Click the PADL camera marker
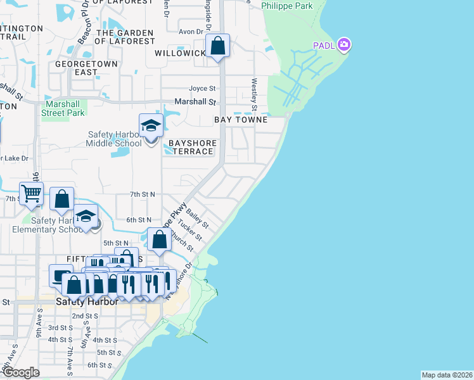[344, 44]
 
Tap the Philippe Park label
[287, 6]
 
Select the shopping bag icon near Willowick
[217, 46]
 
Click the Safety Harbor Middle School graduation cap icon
[150, 126]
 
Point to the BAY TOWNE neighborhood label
[241, 120]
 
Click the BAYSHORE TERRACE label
[192, 148]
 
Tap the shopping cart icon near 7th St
[31, 194]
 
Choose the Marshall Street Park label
[63, 108]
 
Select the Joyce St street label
[202, 89]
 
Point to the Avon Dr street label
[191, 31]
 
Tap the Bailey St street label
[198, 220]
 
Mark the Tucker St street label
[189, 229]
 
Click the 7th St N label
[143, 194]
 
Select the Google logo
[21, 372]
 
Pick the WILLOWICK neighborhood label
[180, 53]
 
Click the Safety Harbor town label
[87, 301]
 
